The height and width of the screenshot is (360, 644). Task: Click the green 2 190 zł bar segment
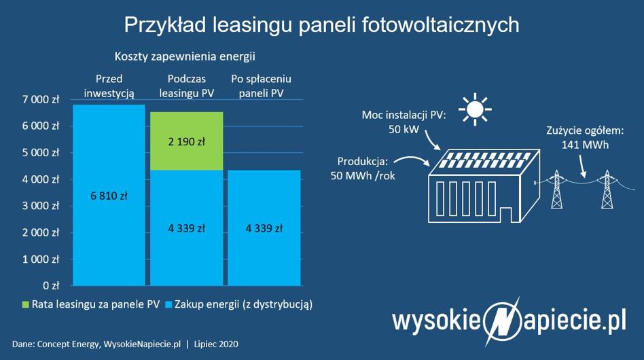186,141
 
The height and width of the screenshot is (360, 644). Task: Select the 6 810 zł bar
109,195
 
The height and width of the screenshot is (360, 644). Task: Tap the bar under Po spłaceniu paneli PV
264,228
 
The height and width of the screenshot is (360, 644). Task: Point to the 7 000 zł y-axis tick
41,99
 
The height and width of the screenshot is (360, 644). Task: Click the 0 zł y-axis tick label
51,285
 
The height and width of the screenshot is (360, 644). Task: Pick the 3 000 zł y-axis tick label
41,206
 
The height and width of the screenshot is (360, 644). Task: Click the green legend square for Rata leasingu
26,304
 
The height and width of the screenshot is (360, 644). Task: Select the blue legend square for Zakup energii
168,304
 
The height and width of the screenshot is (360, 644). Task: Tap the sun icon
476,109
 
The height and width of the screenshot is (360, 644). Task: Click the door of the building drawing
505,215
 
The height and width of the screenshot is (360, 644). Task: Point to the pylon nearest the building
556,190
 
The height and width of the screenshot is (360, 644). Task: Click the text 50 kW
404,129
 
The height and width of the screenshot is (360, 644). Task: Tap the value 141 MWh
585,145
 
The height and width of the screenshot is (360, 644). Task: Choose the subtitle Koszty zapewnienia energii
185,56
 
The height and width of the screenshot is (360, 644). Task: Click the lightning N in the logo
502,321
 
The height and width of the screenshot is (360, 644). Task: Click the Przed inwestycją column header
109,86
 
